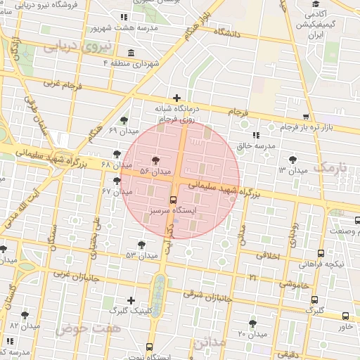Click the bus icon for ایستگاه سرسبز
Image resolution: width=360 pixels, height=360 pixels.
(x=174, y=200)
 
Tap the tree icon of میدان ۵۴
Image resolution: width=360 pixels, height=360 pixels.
(x=155, y=161)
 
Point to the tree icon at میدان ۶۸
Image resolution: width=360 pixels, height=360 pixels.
(x=117, y=154)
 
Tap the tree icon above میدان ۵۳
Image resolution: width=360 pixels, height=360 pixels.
(x=142, y=244)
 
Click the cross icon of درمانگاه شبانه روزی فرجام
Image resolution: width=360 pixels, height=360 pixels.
(x=176, y=98)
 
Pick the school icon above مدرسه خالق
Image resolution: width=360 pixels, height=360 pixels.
(x=256, y=134)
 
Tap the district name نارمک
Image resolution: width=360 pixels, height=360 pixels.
(x=331, y=167)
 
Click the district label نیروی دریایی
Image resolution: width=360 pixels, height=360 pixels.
(x=69, y=47)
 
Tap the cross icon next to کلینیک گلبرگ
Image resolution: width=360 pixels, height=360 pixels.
(x=131, y=300)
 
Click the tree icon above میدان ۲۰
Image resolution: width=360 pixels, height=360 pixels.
(x=253, y=323)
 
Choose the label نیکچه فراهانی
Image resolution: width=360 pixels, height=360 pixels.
(x=321, y=264)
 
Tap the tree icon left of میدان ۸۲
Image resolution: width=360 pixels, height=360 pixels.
(x=25, y=316)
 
